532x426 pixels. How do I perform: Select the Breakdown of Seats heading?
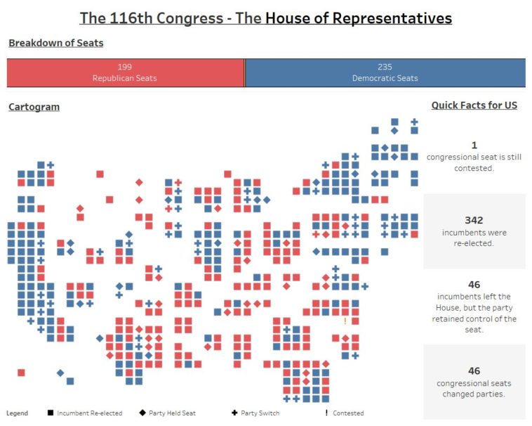(x=56, y=44)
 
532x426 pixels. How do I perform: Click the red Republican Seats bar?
(x=125, y=73)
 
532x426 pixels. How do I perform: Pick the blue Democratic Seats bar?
(x=385, y=73)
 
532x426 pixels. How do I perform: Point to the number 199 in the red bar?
(x=125, y=67)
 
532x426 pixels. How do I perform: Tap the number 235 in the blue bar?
(x=385, y=67)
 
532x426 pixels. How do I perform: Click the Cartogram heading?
(x=34, y=107)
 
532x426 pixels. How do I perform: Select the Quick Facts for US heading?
(x=474, y=105)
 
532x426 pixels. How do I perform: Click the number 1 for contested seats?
(x=474, y=146)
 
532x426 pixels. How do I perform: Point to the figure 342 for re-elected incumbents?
(x=474, y=220)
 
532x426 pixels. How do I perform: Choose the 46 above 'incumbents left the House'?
(x=474, y=285)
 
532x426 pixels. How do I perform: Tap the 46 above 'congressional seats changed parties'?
(x=474, y=370)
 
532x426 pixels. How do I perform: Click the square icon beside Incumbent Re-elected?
(x=50, y=413)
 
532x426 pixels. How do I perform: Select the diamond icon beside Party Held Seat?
(x=142, y=413)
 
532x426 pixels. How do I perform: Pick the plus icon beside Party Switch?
(x=234, y=413)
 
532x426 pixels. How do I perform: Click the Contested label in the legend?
(x=348, y=413)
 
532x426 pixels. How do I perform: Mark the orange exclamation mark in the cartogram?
(x=345, y=321)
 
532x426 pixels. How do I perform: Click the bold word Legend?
(x=17, y=413)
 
